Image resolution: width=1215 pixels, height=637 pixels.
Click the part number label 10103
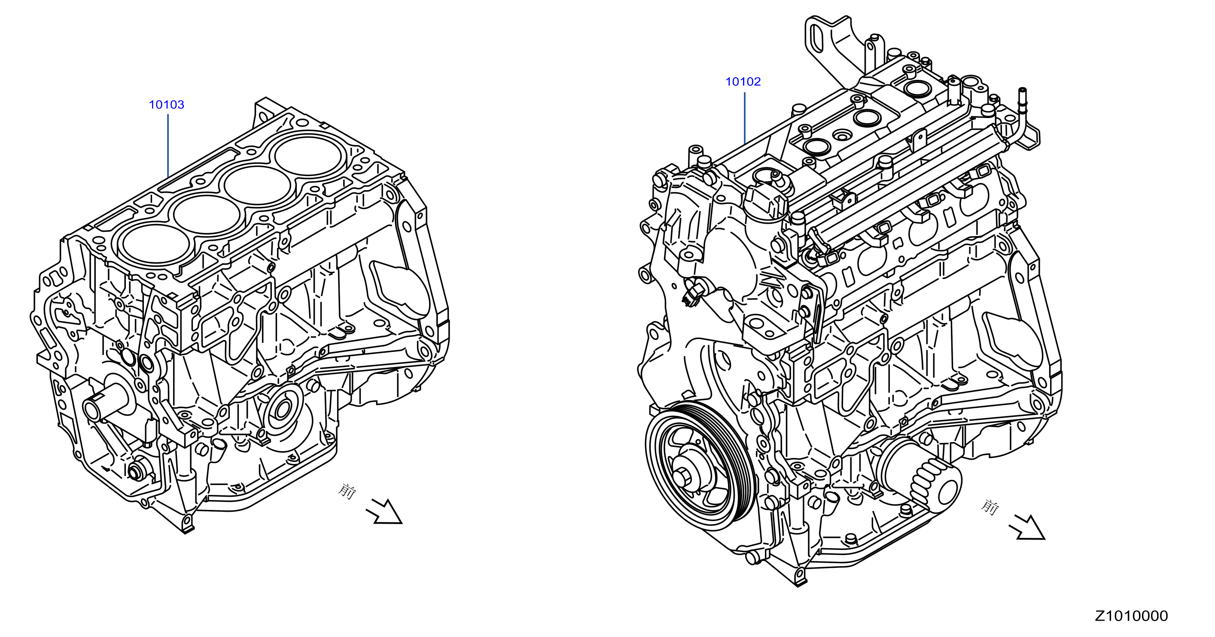(x=167, y=105)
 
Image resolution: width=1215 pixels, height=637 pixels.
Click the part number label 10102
(x=743, y=82)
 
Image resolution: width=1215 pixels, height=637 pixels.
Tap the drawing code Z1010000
(x=1131, y=616)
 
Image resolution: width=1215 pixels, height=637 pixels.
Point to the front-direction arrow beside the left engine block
(x=384, y=512)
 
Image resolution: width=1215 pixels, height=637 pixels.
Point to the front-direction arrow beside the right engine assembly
(x=1027, y=527)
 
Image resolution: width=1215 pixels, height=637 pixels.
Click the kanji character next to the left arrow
(x=347, y=491)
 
